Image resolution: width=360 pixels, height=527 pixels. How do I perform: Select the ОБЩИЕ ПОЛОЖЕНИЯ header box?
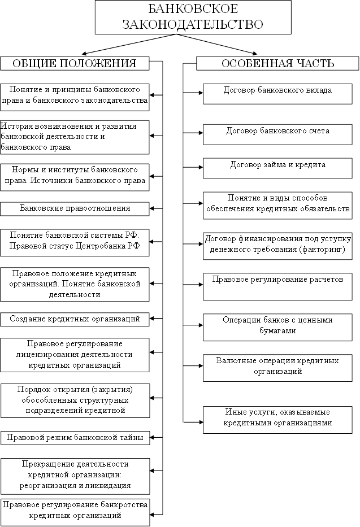74,63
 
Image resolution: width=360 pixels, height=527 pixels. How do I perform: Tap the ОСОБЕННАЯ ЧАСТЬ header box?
277,63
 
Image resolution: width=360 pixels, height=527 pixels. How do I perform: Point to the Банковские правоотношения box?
75,208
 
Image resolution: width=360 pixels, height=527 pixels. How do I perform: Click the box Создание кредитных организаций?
75,319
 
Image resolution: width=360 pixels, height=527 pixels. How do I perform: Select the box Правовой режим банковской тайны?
75,438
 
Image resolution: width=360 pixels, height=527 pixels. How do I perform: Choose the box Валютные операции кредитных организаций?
277,367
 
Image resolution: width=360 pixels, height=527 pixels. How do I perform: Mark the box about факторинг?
277,244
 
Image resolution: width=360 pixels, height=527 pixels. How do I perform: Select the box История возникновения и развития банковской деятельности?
75,137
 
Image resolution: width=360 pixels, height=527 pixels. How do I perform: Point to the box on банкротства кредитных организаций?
75,511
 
